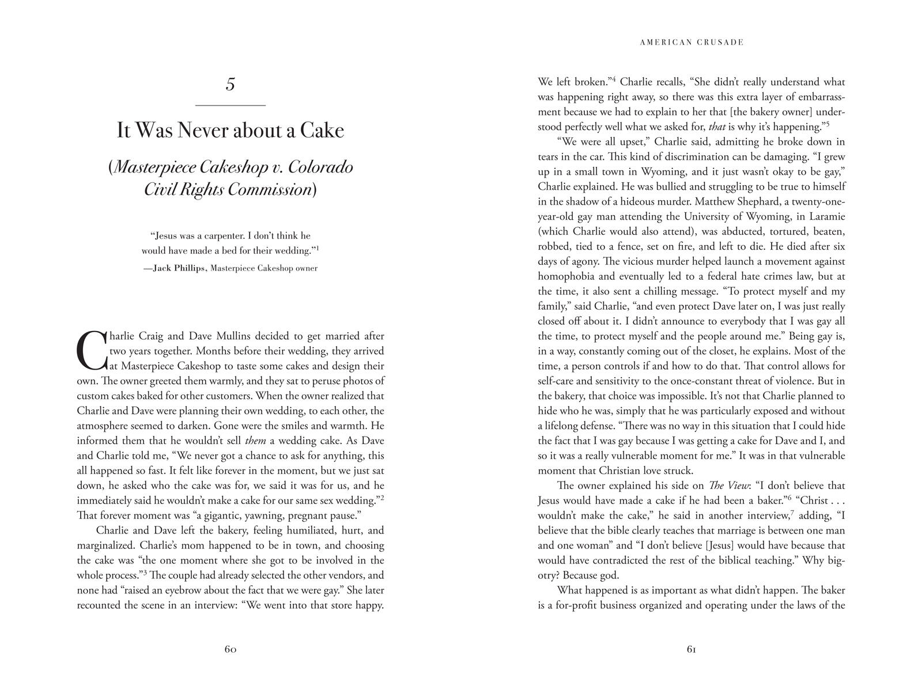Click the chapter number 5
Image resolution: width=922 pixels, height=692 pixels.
(230, 84)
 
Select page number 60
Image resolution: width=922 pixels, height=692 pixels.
(231, 649)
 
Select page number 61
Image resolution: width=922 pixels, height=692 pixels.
(691, 649)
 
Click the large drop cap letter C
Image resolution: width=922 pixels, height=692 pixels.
(92, 351)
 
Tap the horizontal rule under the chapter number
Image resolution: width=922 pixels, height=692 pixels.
(231, 106)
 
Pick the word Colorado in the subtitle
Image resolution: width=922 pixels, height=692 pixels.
(320, 167)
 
